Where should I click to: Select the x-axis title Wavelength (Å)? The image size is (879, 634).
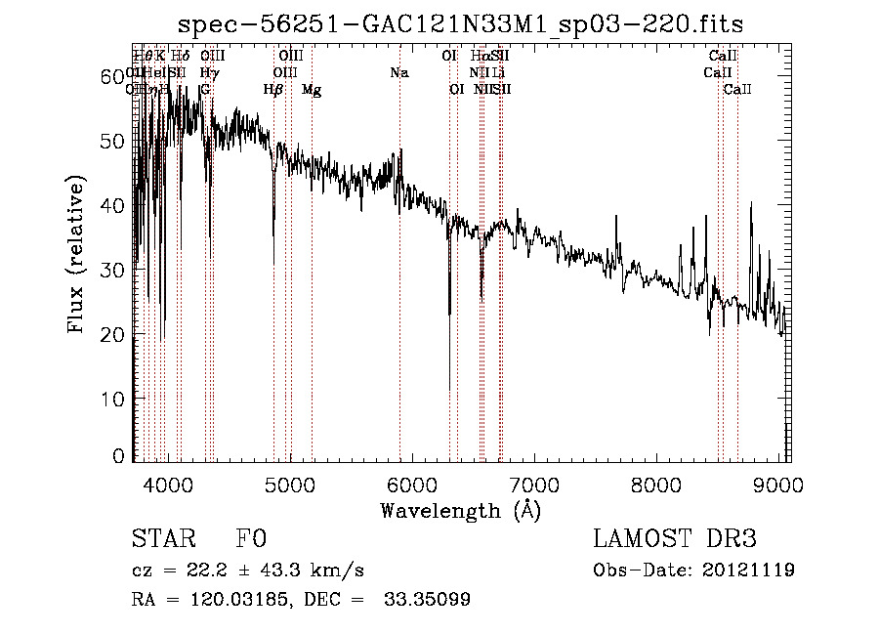tap(460, 510)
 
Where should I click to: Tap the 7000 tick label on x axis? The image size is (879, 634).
tap(533, 485)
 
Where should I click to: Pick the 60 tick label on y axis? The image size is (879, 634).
tap(113, 76)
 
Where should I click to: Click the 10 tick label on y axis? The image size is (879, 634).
tap(113, 399)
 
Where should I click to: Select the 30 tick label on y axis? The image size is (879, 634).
tap(113, 270)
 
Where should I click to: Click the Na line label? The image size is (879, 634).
tap(398, 73)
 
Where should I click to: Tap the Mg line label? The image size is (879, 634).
tap(311, 90)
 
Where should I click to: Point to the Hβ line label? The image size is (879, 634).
tap(273, 90)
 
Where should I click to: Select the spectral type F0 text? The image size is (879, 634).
tap(251, 540)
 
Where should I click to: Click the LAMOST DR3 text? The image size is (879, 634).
tap(674, 539)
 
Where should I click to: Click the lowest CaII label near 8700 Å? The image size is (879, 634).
tap(737, 90)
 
